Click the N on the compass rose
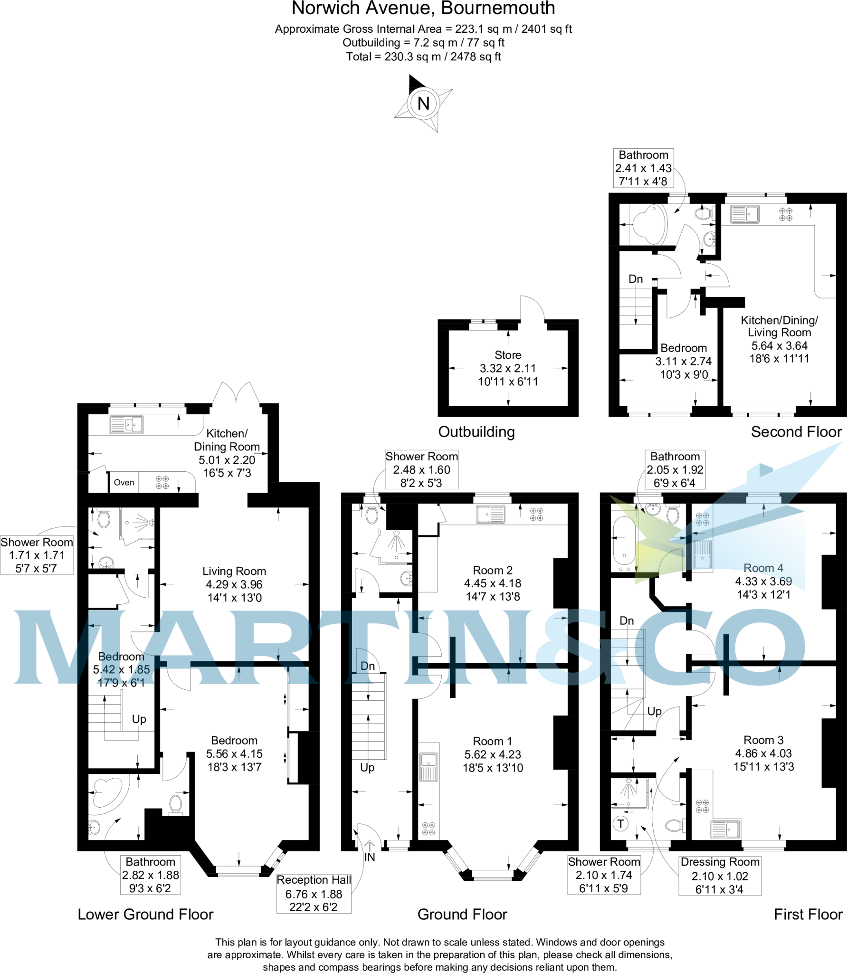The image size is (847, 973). click(423, 104)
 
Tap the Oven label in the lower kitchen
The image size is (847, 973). click(124, 482)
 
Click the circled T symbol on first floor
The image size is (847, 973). click(620, 823)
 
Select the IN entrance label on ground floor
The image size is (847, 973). click(370, 857)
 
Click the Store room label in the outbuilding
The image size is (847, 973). click(508, 355)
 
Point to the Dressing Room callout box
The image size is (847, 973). click(720, 875)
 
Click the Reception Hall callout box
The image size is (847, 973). click(314, 893)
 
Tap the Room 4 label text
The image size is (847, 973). click(763, 568)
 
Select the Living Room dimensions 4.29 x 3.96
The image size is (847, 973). click(234, 584)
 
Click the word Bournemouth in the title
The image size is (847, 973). click(498, 9)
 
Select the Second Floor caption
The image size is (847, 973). click(796, 431)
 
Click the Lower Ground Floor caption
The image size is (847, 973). click(145, 914)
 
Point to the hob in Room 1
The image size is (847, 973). click(428, 829)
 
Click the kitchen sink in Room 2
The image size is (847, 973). click(491, 514)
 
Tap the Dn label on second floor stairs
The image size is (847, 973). click(635, 279)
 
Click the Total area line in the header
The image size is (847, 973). click(423, 57)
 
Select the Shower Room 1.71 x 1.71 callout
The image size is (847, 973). click(37, 555)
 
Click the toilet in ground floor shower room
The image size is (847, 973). click(372, 515)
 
